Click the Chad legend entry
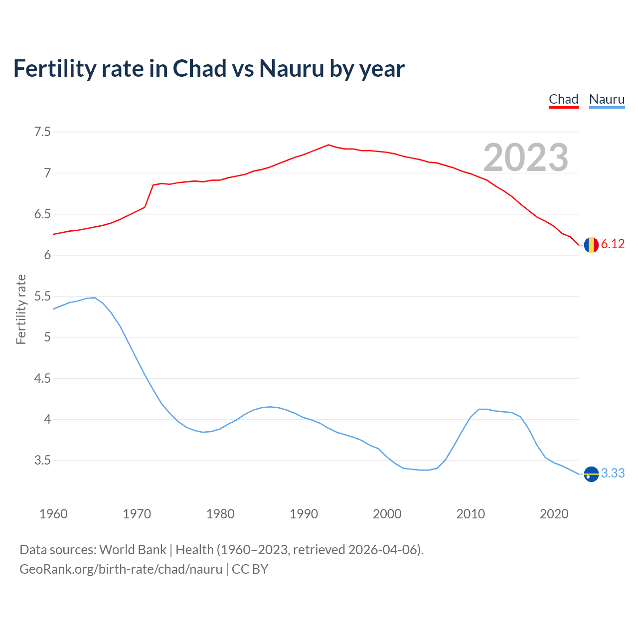[563, 99]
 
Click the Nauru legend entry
[607, 99]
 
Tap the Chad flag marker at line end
[591, 245]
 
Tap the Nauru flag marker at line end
[591, 474]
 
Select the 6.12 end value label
[613, 244]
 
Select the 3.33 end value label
[613, 473]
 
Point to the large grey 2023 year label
[526, 158]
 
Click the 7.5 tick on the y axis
[42, 132]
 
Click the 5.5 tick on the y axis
[42, 297]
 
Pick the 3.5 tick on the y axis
[42, 461]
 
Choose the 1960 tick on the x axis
[53, 514]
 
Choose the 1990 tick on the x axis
[304, 514]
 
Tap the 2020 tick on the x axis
[554, 514]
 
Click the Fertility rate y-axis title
[21, 309]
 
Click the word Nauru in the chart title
[292, 68]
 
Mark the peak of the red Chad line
[328, 145]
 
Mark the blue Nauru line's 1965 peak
[94, 298]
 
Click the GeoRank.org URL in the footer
[121, 569]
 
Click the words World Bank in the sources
[133, 550]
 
